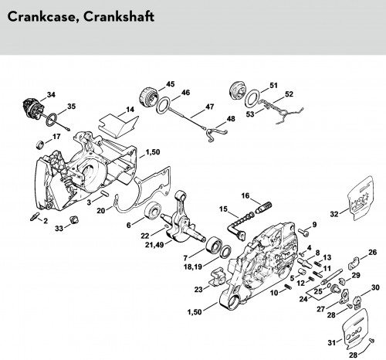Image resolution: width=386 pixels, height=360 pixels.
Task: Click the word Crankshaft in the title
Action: [x=119, y=16]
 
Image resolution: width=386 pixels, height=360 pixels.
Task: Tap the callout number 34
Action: [x=51, y=94]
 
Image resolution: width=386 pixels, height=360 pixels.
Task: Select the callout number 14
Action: [x=130, y=110]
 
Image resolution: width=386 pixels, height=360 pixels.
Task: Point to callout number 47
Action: [x=210, y=107]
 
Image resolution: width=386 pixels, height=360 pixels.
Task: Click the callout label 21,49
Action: [x=154, y=244]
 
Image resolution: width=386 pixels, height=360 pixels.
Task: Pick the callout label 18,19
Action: [x=193, y=267]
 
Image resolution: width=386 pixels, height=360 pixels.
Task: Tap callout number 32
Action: [x=334, y=214]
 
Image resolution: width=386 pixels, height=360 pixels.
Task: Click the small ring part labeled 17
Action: [x=40, y=144]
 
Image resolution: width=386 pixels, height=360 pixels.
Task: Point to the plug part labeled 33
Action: [x=74, y=220]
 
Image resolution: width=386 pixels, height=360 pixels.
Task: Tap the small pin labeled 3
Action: [x=105, y=192]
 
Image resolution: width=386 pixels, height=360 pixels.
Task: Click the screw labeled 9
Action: [x=303, y=232]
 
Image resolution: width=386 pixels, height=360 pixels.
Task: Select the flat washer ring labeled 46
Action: [x=164, y=106]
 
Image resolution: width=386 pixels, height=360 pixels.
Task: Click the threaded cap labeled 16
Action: [x=263, y=207]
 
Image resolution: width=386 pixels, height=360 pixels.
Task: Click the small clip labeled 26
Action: [x=354, y=263]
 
